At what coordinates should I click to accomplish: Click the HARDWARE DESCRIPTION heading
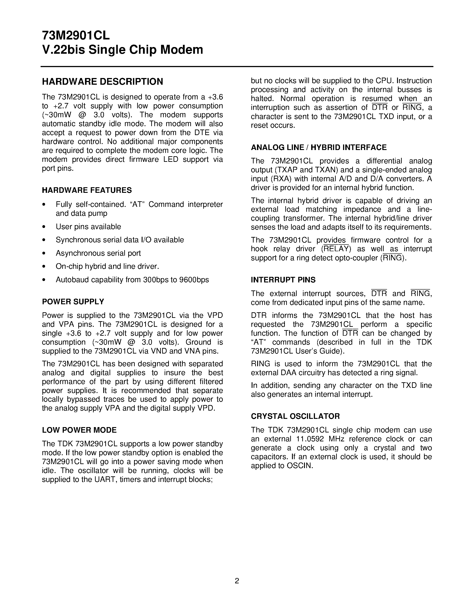102,82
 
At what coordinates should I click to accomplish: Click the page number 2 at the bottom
237,581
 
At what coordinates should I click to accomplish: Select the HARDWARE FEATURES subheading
87,190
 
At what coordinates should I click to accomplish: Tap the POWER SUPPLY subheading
73,302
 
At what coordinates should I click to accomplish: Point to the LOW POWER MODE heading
79,430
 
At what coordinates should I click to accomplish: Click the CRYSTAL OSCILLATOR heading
295,416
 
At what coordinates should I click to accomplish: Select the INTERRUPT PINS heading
283,280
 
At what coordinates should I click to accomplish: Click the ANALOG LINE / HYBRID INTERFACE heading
319,148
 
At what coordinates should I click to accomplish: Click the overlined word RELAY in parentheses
336,249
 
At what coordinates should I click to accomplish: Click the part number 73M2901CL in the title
76,35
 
